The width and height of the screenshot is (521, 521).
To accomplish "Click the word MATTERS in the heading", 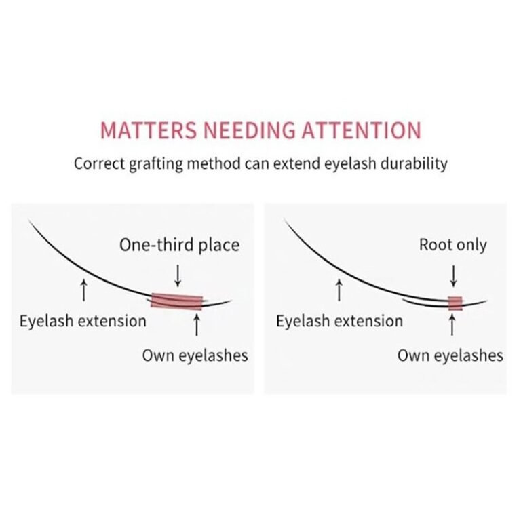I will point(139,130).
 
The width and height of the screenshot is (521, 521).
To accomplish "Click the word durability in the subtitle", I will point(416,164).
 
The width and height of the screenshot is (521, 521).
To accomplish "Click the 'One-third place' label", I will point(179,245).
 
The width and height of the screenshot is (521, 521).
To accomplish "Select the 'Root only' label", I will point(453,245).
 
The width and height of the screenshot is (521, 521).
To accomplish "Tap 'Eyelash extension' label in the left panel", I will point(83,320).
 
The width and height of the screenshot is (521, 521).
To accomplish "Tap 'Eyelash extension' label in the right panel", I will point(339,320).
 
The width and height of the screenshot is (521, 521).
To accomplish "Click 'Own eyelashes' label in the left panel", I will point(195,355).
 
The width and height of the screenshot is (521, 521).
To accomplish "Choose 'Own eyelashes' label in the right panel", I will point(450,355).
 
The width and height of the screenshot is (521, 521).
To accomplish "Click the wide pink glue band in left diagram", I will point(176,301).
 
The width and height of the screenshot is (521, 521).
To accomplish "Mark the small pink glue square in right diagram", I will point(455,303).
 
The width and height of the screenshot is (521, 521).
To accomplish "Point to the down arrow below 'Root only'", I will point(452,275).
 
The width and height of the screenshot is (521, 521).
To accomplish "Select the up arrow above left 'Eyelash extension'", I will point(83,290).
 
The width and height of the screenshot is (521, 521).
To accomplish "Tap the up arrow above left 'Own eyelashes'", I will point(195,326).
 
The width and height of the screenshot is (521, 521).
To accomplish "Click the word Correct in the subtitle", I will point(98,164).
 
